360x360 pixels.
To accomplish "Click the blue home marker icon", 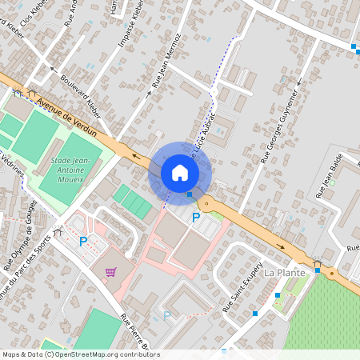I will [x=180, y=173].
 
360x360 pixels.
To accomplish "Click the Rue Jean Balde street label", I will [x=330, y=174].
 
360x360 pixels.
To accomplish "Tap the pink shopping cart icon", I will [x=110, y=272].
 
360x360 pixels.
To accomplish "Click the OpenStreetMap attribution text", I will [x=80, y=354].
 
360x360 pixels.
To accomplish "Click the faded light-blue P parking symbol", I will [x=166, y=316].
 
